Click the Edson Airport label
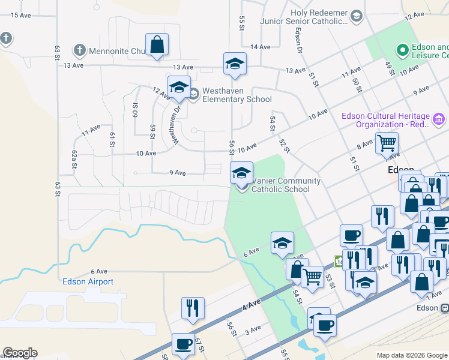88,281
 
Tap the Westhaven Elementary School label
237,95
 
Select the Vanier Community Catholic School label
285,185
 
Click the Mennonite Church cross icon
79,50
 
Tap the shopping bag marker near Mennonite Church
157,44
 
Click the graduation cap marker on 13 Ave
235,64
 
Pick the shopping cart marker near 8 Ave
387,144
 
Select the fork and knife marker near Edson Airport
193,308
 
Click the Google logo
20,353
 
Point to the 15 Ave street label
21,14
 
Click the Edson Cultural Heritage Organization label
394,120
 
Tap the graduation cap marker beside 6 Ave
282,243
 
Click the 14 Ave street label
261,47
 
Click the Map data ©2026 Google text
412,355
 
